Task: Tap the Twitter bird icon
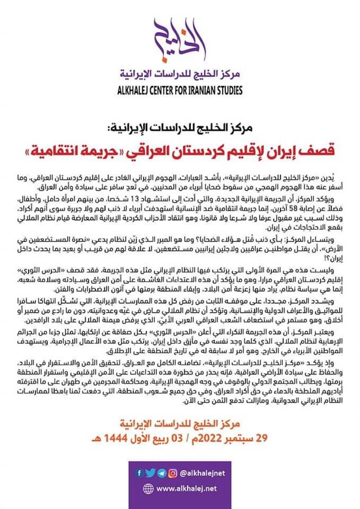[x=149, y=473]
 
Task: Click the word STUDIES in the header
[x=226, y=90]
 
